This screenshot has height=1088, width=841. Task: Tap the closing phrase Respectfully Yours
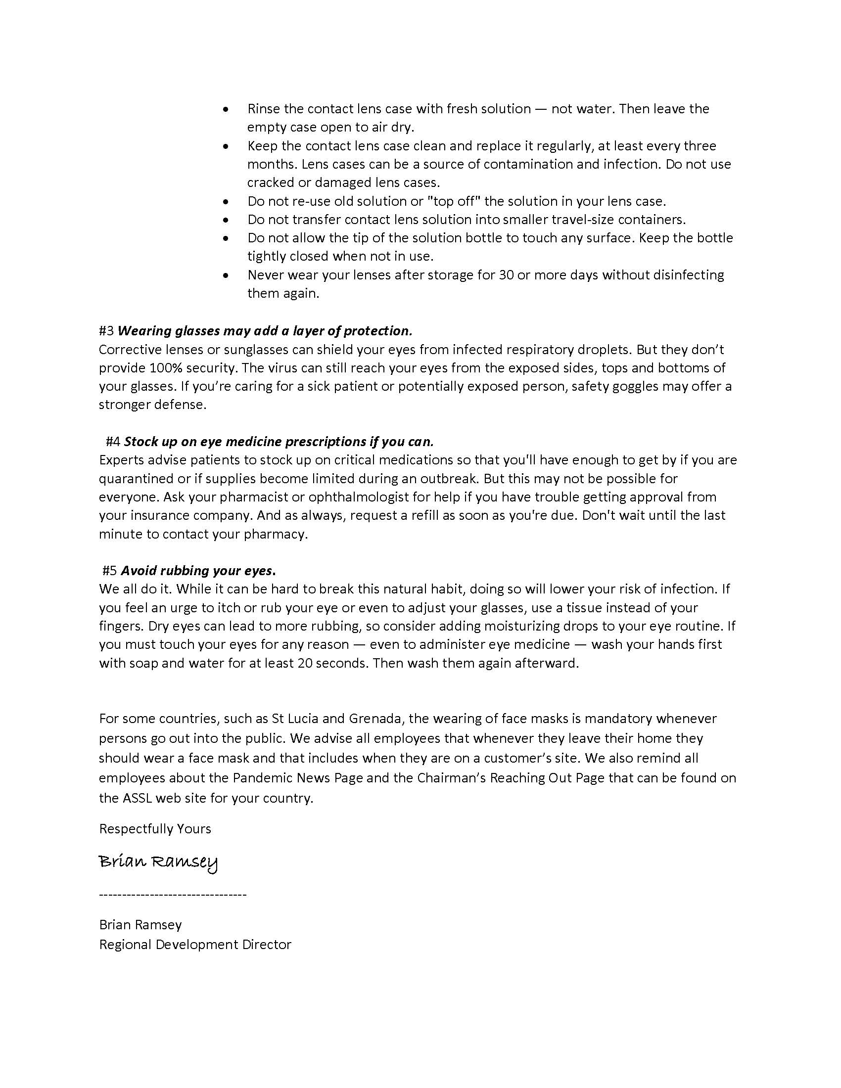pyautogui.click(x=155, y=829)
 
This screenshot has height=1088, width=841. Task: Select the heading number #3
pyautogui.click(x=107, y=331)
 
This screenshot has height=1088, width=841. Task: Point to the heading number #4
pyautogui.click(x=113, y=441)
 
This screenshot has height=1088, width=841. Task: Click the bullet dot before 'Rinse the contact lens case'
pyautogui.click(x=227, y=109)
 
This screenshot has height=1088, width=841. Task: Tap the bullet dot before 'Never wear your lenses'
pyautogui.click(x=227, y=275)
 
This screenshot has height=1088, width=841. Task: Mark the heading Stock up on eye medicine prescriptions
pyautogui.click(x=279, y=441)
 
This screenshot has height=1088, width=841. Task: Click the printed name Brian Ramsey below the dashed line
pyautogui.click(x=140, y=925)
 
